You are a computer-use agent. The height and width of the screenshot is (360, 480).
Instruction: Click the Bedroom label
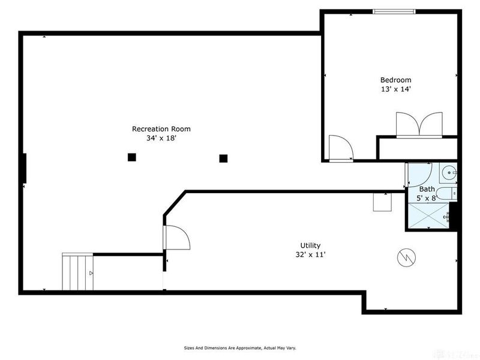[396, 80]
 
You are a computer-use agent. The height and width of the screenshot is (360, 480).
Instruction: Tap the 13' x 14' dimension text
[396, 89]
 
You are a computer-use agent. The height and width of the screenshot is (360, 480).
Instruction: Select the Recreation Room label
[161, 128]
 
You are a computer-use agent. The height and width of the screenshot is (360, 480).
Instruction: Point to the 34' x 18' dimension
[161, 138]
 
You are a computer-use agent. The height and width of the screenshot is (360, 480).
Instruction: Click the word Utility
[310, 245]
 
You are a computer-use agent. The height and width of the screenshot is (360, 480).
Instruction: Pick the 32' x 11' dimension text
[310, 254]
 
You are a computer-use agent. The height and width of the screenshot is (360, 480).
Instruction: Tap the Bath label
[427, 189]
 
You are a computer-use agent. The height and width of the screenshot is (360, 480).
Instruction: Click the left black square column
[131, 157]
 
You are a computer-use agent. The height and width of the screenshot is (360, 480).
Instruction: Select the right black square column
[223, 158]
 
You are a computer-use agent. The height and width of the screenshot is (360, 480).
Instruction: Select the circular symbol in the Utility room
[406, 258]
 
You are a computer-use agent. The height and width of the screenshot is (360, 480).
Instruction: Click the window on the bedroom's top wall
[394, 11]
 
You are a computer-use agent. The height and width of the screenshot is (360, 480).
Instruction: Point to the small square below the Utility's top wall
[382, 202]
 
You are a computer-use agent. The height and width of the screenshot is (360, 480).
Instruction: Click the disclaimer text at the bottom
[240, 347]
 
